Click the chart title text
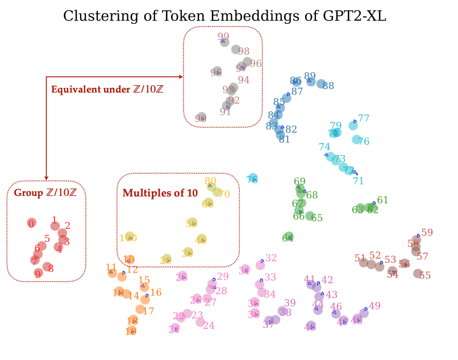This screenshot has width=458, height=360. point(224,15)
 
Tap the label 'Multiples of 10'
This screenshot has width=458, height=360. point(160,193)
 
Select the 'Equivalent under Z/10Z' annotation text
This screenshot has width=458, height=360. point(107,89)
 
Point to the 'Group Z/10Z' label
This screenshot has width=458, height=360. point(45,192)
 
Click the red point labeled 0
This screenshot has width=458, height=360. point(31,224)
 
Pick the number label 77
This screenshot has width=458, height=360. point(364,118)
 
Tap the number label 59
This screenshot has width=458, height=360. point(427,232)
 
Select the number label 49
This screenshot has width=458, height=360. point(374,306)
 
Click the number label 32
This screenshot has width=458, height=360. point(271,258)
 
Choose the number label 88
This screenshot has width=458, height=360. point(328,86)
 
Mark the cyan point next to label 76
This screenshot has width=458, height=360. point(356,140)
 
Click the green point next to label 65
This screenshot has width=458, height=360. point(310,216)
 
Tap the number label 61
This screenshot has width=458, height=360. point(382,200)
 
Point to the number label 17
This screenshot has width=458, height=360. point(148,311)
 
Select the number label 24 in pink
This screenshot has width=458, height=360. point(209,325)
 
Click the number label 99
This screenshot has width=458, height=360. point(223,37)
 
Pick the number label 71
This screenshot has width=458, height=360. point(358,181)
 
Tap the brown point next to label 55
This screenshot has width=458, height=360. point(418,274)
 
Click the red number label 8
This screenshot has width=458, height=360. point(51,268)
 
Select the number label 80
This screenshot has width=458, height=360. point(210,180)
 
